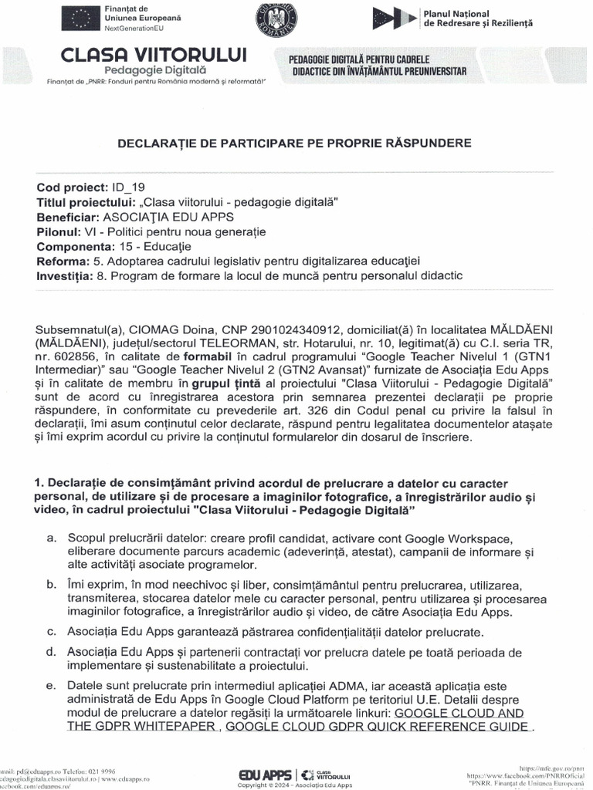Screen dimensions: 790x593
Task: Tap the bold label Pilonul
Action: (x=60, y=231)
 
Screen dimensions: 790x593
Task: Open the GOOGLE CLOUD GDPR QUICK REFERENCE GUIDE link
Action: (x=378, y=727)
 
